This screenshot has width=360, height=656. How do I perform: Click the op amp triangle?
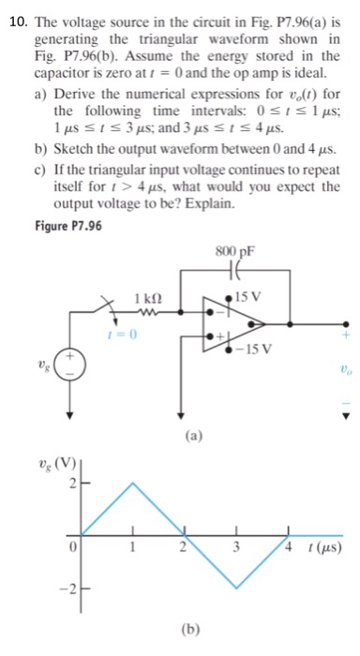(238, 325)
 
